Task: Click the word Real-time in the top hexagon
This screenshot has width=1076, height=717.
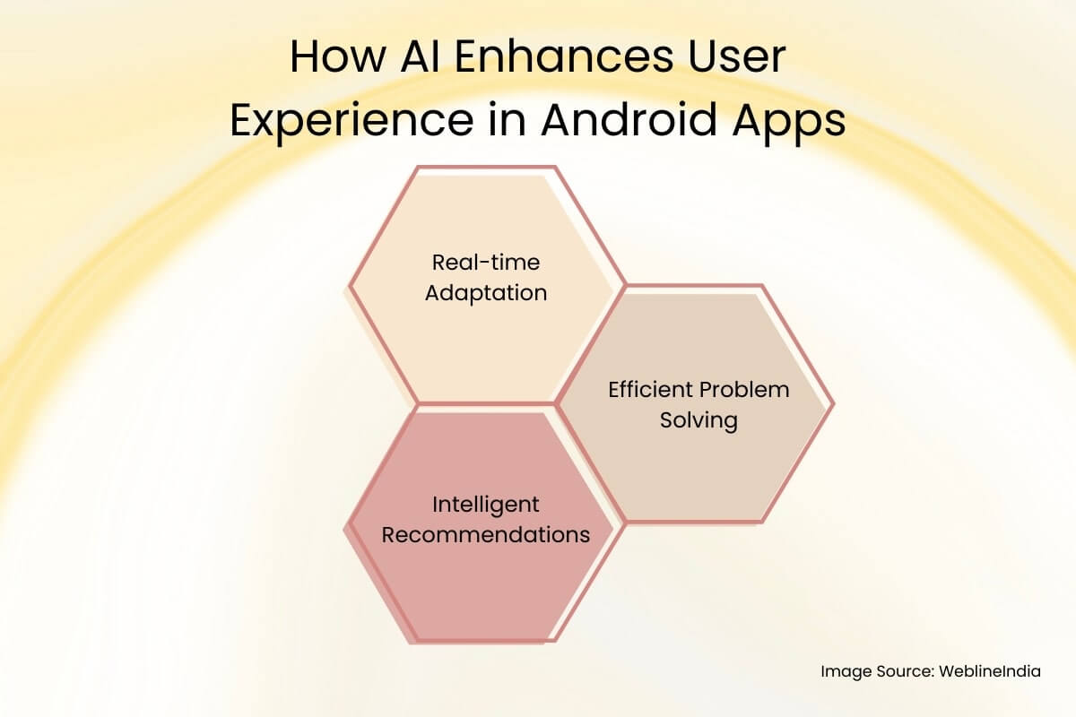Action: click(485, 263)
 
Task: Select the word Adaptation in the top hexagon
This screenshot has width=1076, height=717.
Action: click(485, 292)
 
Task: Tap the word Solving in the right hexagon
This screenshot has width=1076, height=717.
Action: click(699, 419)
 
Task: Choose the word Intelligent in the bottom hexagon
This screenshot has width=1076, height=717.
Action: click(485, 505)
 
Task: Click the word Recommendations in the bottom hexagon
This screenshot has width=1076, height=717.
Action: click(485, 534)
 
